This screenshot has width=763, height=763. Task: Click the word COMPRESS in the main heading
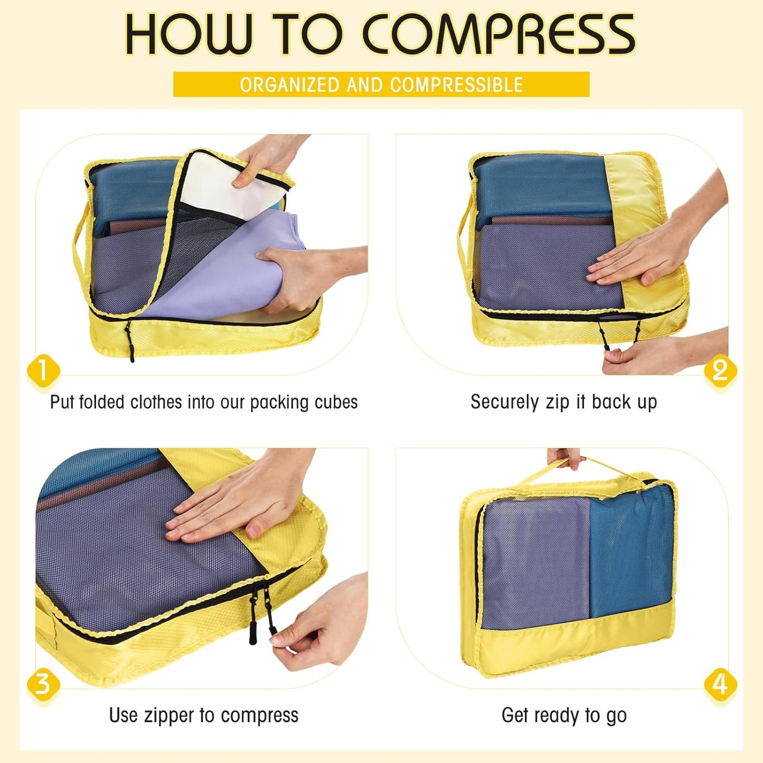coord(498,34)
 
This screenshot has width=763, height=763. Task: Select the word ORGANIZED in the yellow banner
coord(289,85)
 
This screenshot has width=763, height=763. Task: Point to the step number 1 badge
coord(43,370)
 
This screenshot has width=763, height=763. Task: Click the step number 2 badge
coord(720,370)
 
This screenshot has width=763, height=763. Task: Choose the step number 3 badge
coord(43,684)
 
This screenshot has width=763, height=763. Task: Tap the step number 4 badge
coord(720,684)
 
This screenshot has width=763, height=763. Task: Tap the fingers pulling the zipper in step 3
coord(296,642)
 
